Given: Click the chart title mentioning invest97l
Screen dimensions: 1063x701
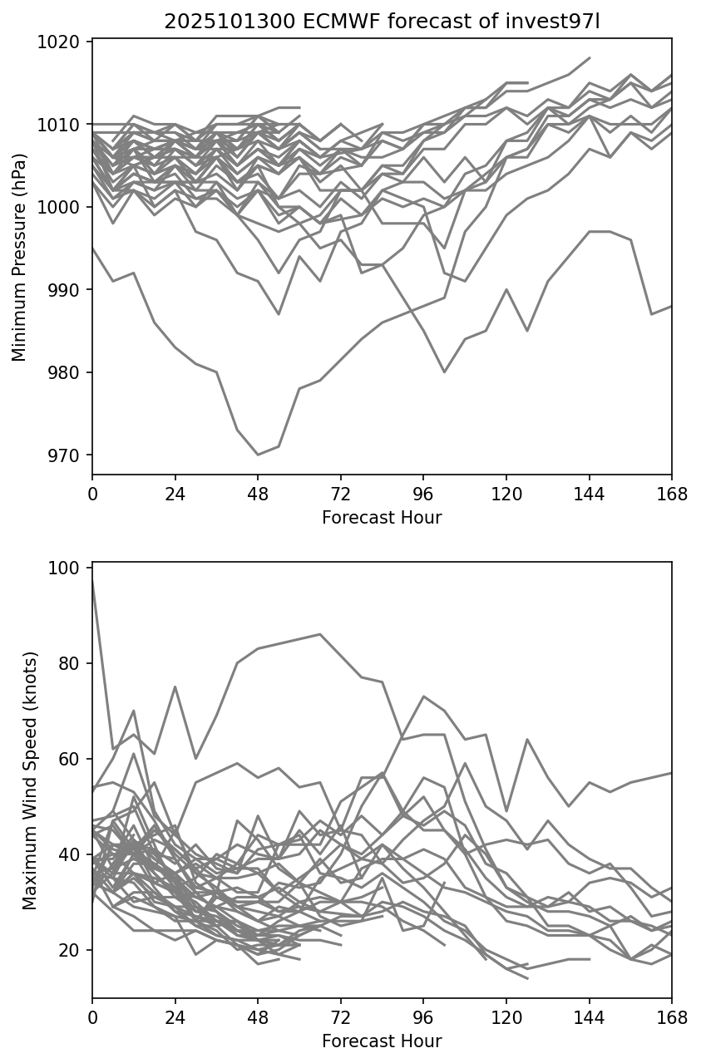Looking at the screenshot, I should (x=382, y=22).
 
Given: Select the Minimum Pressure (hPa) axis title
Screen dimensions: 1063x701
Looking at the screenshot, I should (x=20, y=257).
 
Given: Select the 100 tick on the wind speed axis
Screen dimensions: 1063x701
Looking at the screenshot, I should (x=68, y=568).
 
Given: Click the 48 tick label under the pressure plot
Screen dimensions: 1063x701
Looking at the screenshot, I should (x=258, y=493).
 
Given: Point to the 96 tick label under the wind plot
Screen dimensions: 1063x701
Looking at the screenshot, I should (x=423, y=1016).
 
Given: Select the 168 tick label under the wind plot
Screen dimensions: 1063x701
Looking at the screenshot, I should (x=671, y=1016).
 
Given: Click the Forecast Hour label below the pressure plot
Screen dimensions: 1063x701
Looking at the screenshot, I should (x=382, y=518).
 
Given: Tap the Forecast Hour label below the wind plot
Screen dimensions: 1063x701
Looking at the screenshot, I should (x=382, y=1041).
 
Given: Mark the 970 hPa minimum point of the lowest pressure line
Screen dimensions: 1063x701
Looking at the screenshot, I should (x=258, y=455).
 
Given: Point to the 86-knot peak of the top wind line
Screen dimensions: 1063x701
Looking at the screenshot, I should (x=320, y=634).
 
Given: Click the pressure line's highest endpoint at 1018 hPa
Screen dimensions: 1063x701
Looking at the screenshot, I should (x=589, y=58).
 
